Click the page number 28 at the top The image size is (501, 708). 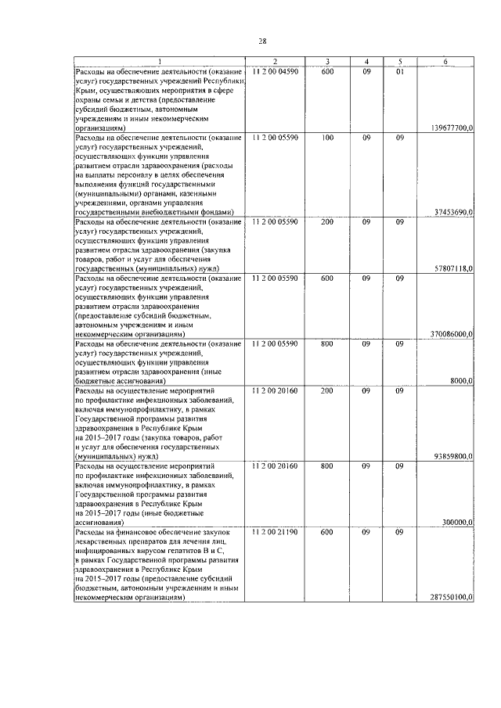tap(262, 41)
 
